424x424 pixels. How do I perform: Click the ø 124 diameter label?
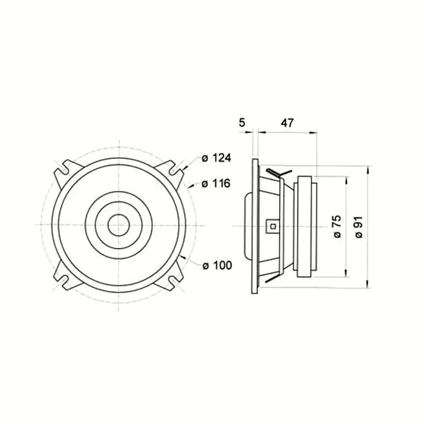click(x=216, y=158)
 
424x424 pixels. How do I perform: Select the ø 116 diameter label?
click(x=216, y=184)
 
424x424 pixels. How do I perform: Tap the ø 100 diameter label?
click(x=217, y=265)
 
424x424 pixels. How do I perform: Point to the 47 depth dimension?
click(x=287, y=123)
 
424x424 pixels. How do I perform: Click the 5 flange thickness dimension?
click(x=242, y=122)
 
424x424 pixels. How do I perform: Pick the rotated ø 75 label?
click(x=337, y=227)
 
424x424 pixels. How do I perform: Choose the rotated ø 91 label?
click(x=359, y=227)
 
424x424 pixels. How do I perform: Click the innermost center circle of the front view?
click(x=119, y=225)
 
